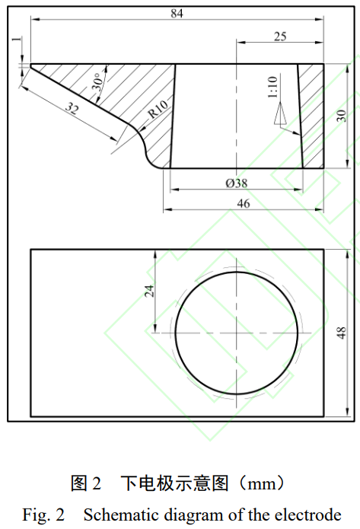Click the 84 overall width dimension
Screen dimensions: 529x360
coord(177,13)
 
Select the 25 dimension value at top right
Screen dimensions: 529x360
coord(279,37)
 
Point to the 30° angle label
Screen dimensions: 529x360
coord(97,83)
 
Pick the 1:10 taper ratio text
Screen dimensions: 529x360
coord(273,88)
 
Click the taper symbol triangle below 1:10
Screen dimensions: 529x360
coord(279,113)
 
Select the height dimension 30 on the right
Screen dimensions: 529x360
coord(342,115)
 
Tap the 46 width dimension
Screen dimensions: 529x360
coord(244,203)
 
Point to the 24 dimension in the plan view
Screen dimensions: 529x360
coord(149,290)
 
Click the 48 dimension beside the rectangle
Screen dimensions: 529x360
coord(342,333)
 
